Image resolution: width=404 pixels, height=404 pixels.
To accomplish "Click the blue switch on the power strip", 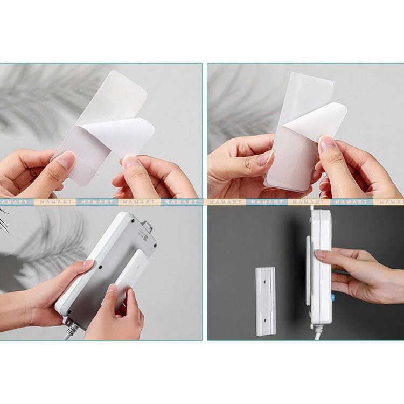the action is click(332, 297).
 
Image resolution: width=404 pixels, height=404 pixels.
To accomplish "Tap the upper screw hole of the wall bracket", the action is click(264, 282).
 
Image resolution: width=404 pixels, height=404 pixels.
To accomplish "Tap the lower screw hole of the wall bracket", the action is click(265, 321).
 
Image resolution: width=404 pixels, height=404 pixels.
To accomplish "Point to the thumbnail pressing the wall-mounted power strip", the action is click(319, 254).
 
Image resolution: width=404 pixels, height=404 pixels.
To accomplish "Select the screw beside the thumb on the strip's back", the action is click(101, 267).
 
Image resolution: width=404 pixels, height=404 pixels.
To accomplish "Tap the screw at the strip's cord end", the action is click(69, 312).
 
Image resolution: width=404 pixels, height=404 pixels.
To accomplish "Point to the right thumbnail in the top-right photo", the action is click(324, 144).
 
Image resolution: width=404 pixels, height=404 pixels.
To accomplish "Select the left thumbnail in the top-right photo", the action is click(265, 158).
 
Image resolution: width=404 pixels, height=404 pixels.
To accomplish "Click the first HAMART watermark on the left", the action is click(14, 202).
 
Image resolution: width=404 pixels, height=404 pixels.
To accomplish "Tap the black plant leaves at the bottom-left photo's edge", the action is click(4, 219).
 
